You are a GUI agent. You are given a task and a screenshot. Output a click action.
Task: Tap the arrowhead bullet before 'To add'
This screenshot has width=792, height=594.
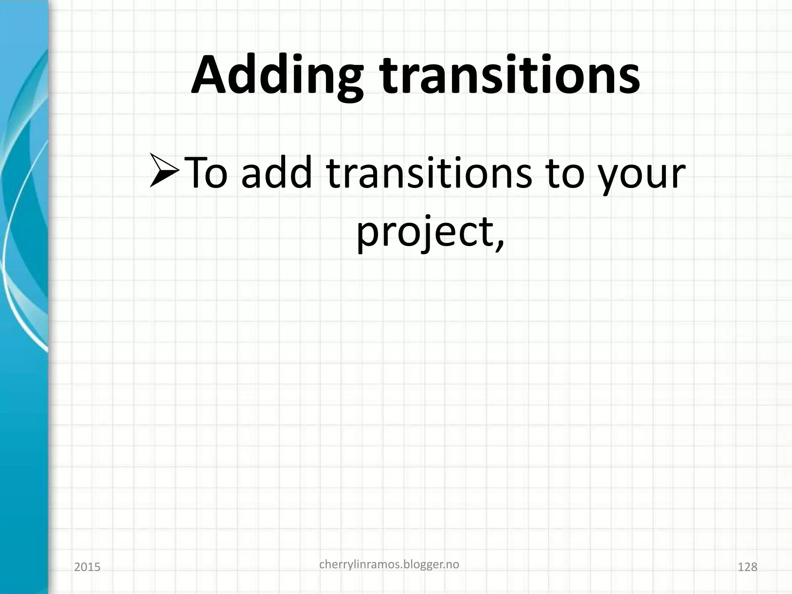(x=164, y=170)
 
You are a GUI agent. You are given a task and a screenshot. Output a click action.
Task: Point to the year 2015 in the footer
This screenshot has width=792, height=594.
(x=87, y=567)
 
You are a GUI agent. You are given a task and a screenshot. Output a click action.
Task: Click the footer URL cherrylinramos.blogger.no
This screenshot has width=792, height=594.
(x=389, y=565)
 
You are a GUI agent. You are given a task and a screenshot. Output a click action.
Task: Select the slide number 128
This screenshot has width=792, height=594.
(x=748, y=567)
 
